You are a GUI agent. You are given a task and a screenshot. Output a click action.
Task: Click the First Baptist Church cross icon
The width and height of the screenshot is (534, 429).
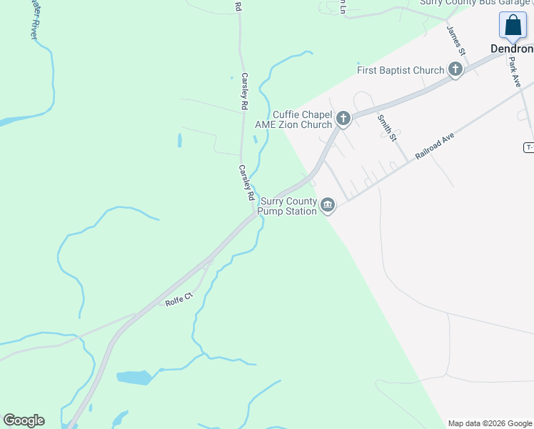click(x=455, y=70)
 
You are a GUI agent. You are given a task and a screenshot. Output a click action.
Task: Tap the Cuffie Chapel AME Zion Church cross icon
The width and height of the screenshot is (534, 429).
click(x=343, y=119)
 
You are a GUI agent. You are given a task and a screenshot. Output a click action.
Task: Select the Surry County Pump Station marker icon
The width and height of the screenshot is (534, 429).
click(x=328, y=206)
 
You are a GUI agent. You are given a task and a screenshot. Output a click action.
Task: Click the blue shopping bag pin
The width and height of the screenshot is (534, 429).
click(x=513, y=26)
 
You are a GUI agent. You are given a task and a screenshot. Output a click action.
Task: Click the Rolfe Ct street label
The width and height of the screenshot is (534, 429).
click(x=179, y=299)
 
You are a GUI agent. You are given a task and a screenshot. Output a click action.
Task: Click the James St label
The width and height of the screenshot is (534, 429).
click(x=455, y=41)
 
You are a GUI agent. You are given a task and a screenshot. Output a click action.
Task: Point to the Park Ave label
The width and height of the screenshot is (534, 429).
click(x=516, y=72)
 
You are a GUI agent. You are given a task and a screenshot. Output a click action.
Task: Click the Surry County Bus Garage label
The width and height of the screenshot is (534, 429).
click(x=475, y=3)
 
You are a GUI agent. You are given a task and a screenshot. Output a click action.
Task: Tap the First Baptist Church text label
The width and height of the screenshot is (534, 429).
click(x=400, y=70)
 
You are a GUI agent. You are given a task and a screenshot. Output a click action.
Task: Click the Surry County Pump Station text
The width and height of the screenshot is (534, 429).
click(x=288, y=206)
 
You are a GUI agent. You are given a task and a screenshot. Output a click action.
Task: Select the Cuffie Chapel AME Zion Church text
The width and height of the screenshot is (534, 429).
click(x=294, y=119)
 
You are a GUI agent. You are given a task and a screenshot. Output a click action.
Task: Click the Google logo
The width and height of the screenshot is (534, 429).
click(x=24, y=420)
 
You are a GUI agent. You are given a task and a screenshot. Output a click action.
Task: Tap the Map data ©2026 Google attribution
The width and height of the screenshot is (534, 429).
click(x=490, y=423)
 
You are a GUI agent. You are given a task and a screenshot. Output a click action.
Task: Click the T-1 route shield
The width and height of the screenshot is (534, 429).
click(x=528, y=147)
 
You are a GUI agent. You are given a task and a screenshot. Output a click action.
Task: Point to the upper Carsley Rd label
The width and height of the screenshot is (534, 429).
click(x=244, y=91)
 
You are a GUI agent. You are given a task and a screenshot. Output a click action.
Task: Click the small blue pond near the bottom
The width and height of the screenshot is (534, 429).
click(x=133, y=377)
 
